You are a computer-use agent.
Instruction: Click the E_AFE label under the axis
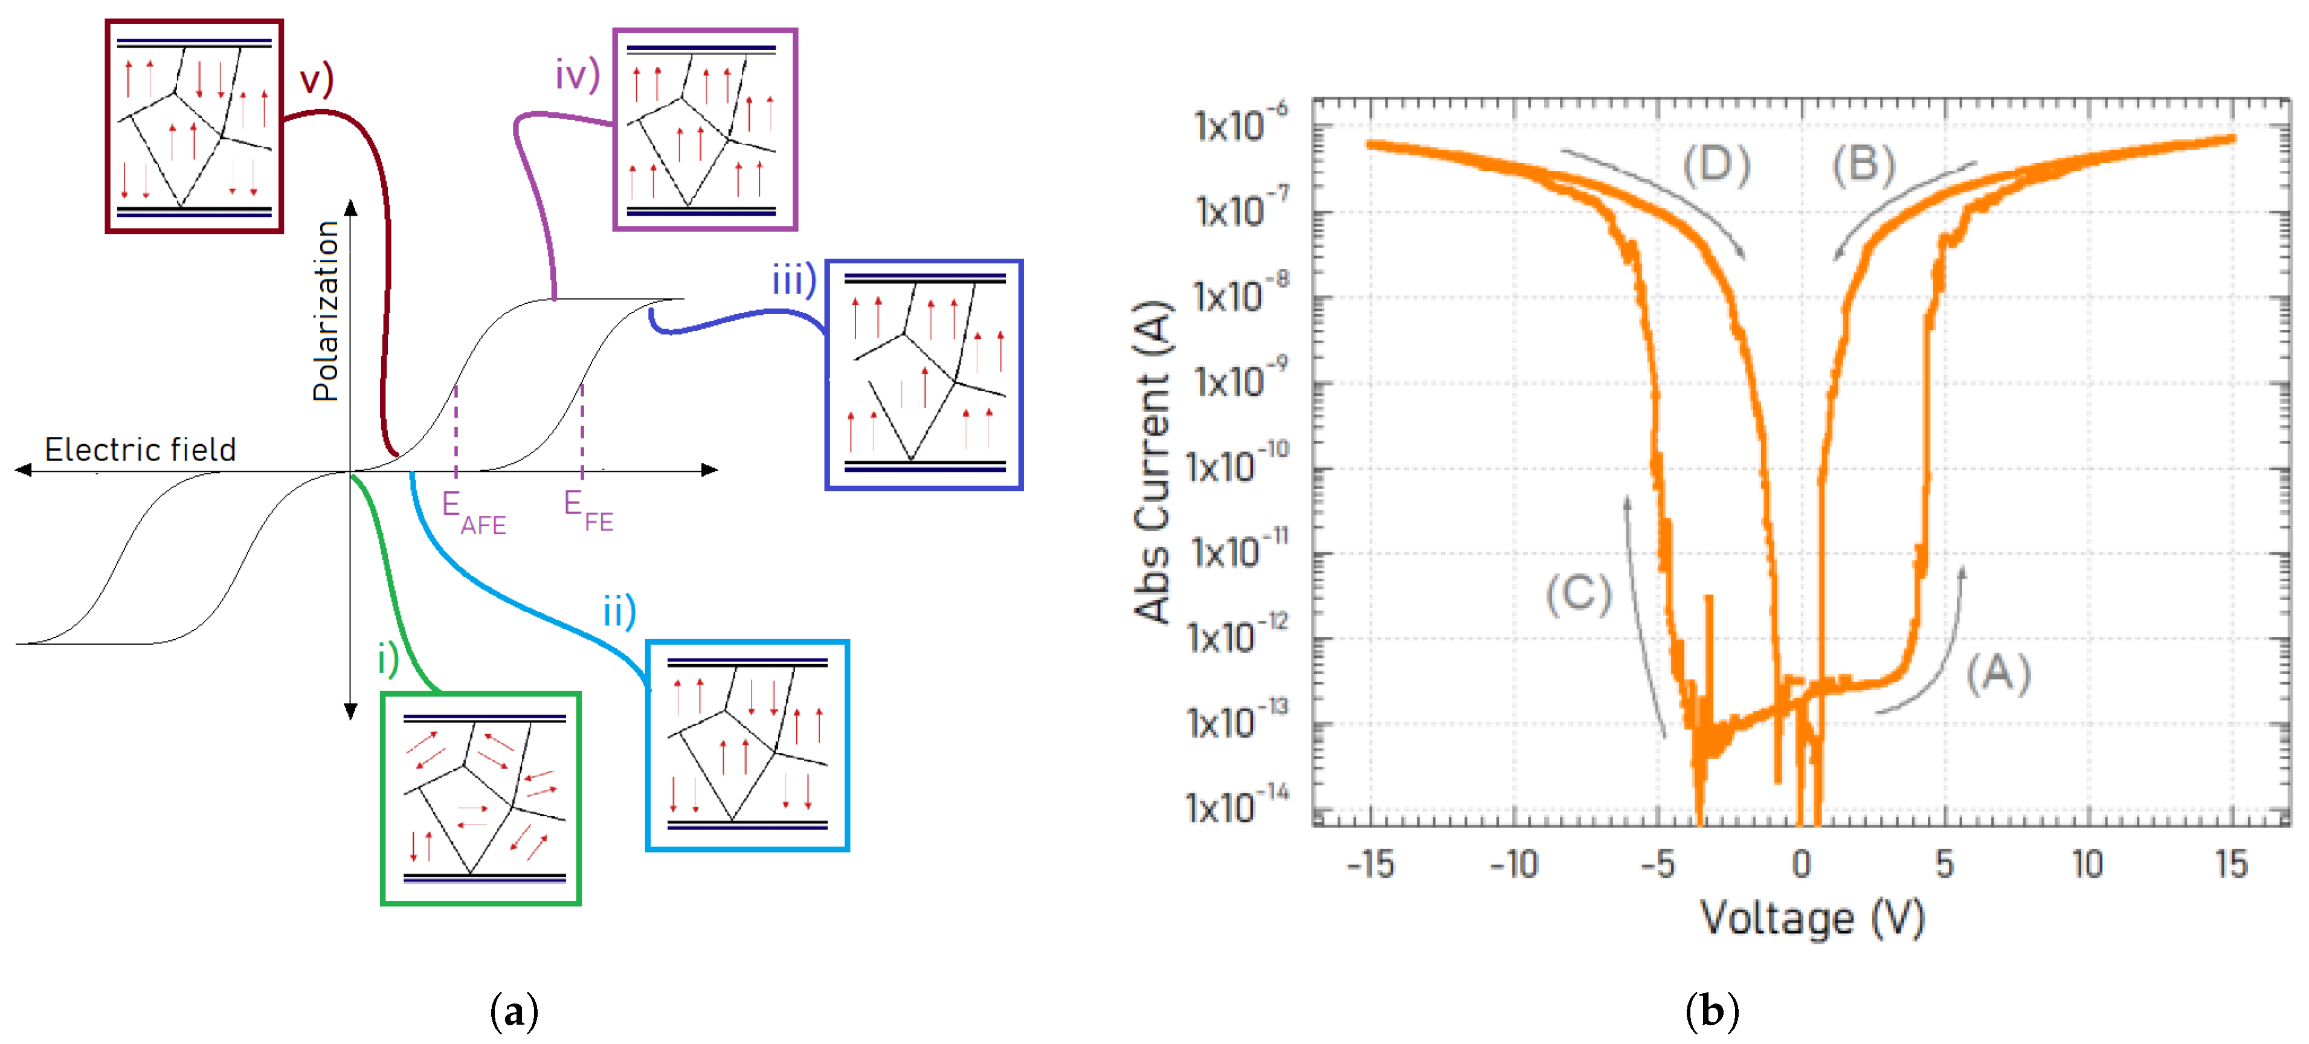pos(472,512)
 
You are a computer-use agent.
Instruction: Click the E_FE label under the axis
pos(588,510)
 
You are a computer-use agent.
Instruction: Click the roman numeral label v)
pos(315,79)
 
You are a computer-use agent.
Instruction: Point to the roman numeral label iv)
pos(576,74)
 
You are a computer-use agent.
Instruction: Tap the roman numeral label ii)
pos(619,611)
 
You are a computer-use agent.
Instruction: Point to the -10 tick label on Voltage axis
pos(1514,864)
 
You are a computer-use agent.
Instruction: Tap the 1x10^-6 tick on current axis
pos(1240,124)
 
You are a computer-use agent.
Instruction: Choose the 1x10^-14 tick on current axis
pos(1237,805)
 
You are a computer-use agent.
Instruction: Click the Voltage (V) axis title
pos(1812,918)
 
